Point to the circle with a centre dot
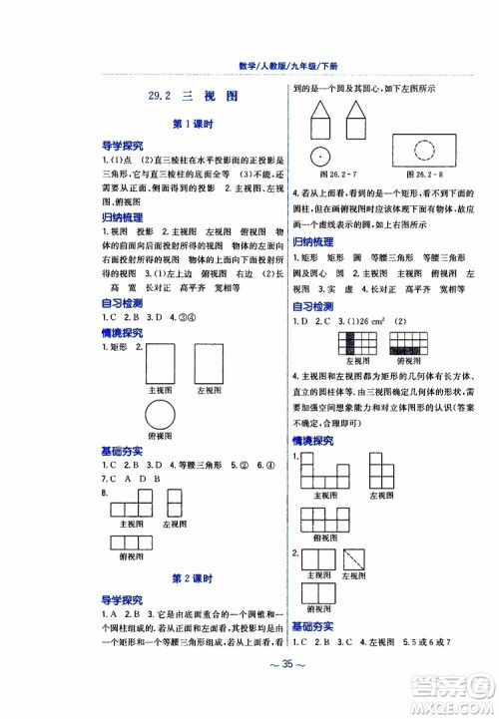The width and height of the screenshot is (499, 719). tap(319, 156)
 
